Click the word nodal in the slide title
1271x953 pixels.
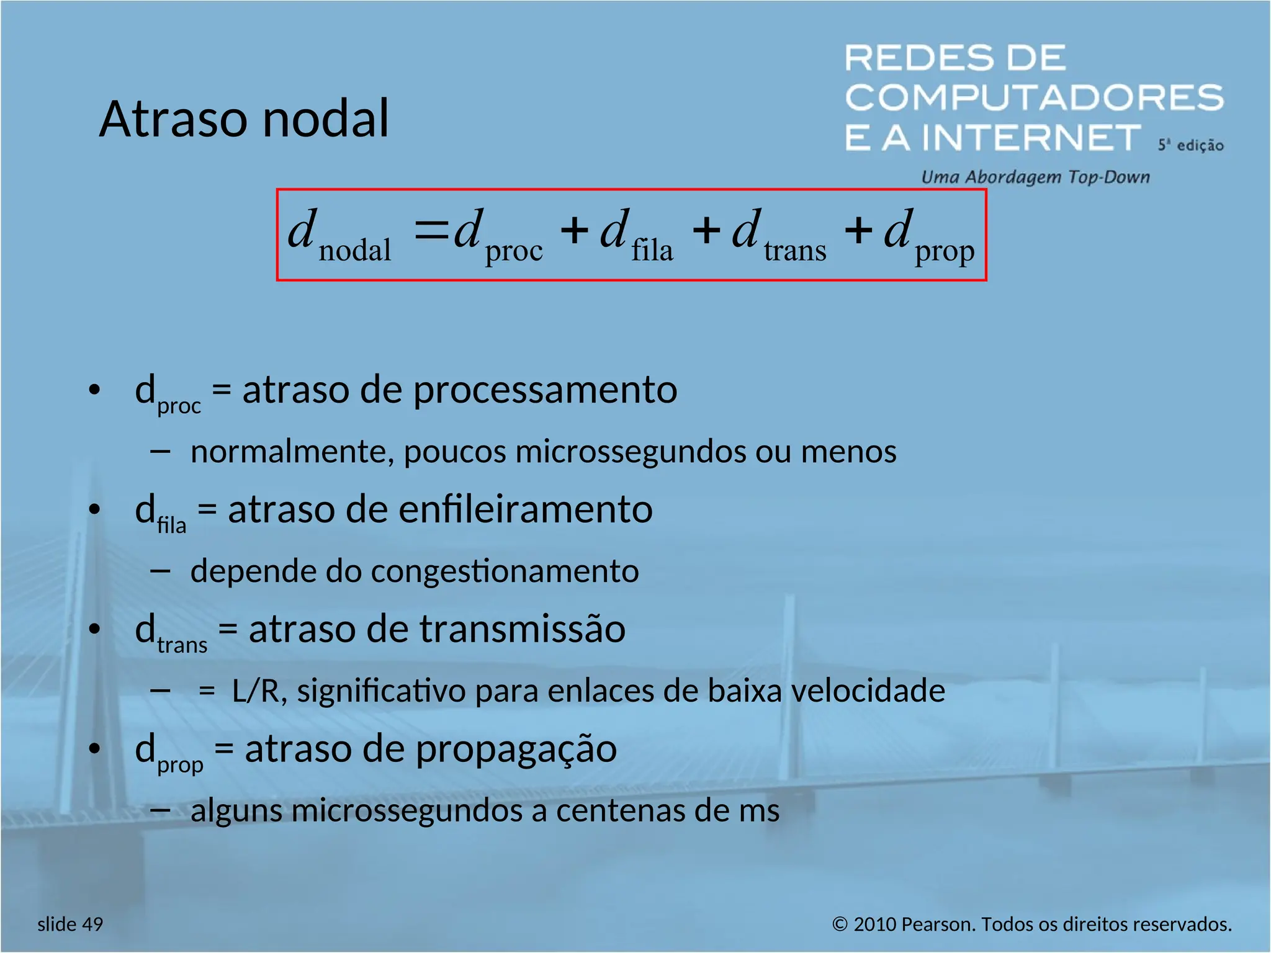pyautogui.click(x=326, y=119)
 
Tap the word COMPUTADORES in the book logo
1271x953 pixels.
pyautogui.click(x=1034, y=97)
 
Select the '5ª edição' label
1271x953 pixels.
pyautogui.click(x=1190, y=145)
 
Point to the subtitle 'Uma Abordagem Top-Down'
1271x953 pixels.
pyautogui.click(x=1035, y=177)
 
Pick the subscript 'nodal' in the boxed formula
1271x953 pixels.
pyautogui.click(x=354, y=250)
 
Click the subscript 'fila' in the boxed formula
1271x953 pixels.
pyautogui.click(x=652, y=250)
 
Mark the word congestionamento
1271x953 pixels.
pyautogui.click(x=505, y=571)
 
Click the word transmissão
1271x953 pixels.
pyautogui.click(x=522, y=629)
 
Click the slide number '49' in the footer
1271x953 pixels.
pyautogui.click(x=92, y=924)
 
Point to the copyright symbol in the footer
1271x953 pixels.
pyautogui.click(x=840, y=924)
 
